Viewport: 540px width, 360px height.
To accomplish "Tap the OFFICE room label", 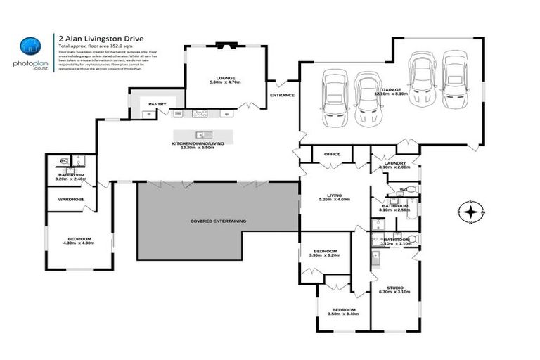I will coord(332,154).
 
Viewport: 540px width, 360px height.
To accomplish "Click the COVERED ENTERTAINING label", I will coord(218,221).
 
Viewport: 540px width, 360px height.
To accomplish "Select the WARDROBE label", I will coord(71,199).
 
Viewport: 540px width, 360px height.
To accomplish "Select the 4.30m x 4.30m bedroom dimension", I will coord(78,243).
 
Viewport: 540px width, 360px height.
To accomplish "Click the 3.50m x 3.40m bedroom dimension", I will coord(344,314).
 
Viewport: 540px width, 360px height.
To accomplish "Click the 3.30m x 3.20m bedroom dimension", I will coord(324,255).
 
